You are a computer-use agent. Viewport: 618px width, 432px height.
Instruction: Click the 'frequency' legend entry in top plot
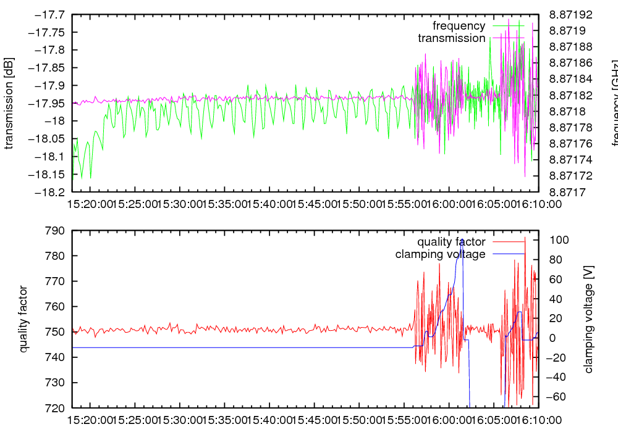(459, 26)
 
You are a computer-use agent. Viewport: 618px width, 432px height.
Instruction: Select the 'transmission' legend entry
(451, 38)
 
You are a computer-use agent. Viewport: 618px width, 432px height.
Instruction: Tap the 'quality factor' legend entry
(451, 242)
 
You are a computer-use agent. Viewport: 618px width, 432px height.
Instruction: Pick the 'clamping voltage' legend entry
(440, 254)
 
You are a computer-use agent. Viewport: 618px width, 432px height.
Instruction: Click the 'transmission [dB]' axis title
(9, 103)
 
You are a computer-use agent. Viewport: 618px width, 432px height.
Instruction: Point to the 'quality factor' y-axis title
(24, 319)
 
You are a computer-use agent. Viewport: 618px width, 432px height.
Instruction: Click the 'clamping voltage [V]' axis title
(588, 319)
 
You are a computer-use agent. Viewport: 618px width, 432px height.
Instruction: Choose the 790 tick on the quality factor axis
(56, 231)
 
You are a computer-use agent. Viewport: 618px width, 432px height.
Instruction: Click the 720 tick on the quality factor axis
(56, 408)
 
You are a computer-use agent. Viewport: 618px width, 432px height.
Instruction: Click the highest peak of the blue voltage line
(462, 239)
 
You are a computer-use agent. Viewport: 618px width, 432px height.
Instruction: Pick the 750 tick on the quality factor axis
(56, 332)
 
